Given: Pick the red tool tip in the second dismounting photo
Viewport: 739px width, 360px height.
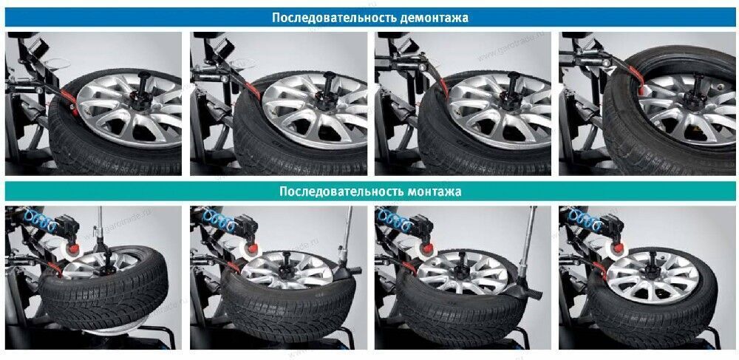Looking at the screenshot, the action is click(x=253, y=90).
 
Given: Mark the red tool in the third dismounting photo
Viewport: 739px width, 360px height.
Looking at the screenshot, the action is click(x=443, y=85).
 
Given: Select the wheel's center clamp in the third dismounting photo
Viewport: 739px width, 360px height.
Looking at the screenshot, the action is click(x=513, y=89).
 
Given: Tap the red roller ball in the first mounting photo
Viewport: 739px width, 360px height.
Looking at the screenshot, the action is click(x=73, y=248).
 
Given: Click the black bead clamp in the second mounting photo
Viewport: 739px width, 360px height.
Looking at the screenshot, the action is click(x=347, y=272).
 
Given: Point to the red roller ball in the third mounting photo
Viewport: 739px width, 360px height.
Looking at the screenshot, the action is click(x=429, y=248).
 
